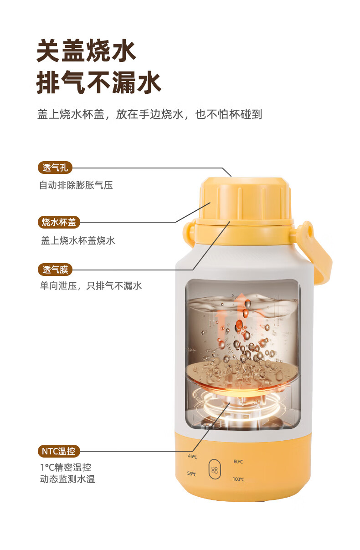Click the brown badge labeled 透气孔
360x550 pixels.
pyautogui.click(x=55, y=168)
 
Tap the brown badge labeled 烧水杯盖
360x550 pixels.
pyautogui.click(x=59, y=222)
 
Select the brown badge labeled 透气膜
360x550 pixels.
pyautogui.click(x=55, y=270)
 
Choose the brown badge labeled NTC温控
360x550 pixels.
pyautogui.click(x=59, y=451)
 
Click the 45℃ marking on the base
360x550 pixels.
pyautogui.click(x=192, y=457)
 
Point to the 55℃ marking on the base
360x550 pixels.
pyautogui.click(x=192, y=474)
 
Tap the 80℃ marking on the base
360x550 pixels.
pyautogui.click(x=238, y=461)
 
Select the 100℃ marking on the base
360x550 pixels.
pyautogui.click(x=238, y=479)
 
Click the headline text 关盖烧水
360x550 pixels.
pyautogui.click(x=86, y=51)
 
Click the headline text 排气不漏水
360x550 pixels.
pyautogui.click(x=98, y=82)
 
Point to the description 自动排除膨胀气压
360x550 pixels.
pyautogui.click(x=76, y=185)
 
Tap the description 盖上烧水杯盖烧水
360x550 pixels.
pyautogui.click(x=78, y=240)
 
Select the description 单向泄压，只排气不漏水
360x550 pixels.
pyautogui.click(x=91, y=286)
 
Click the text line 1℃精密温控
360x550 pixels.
pyautogui.click(x=66, y=467)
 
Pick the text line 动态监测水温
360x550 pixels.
pyautogui.click(x=67, y=479)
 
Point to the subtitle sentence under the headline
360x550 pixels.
pyautogui.click(x=149, y=114)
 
